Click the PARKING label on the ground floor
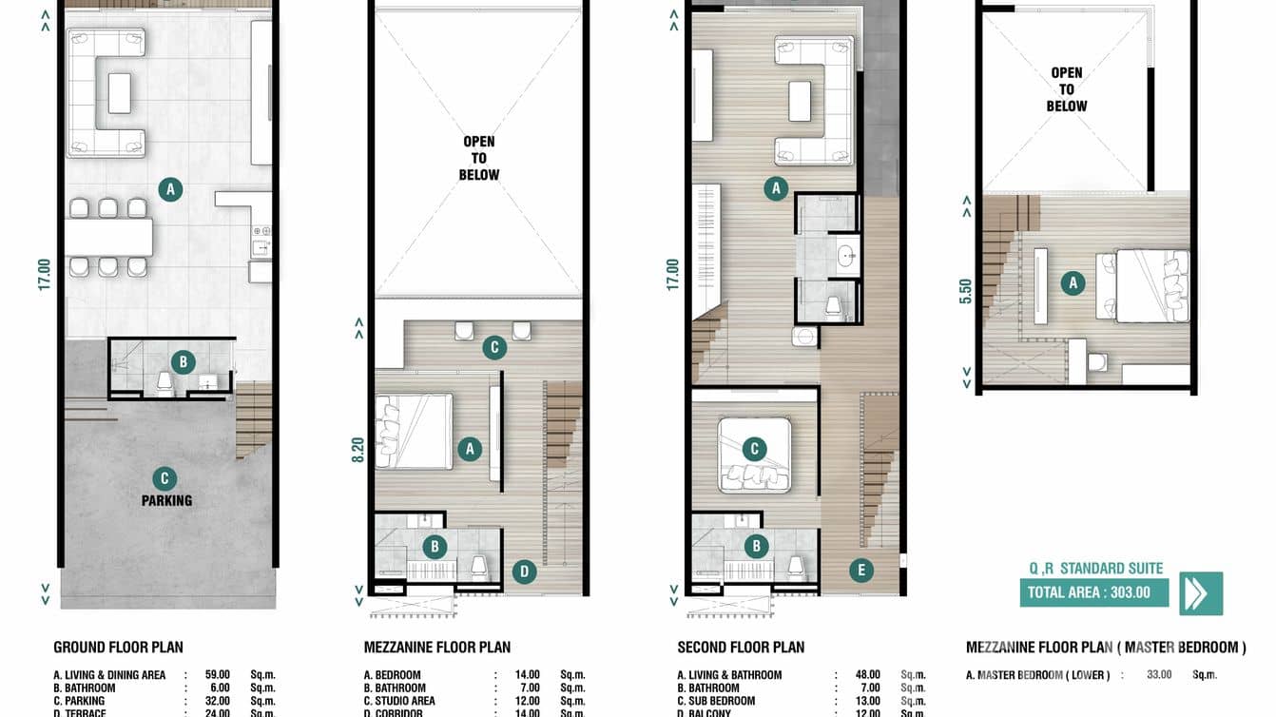(x=167, y=500)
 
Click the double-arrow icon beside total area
(x=1201, y=592)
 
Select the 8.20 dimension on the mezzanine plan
(x=358, y=449)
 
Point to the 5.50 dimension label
(x=966, y=289)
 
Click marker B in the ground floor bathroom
(x=183, y=361)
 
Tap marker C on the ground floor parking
(x=164, y=478)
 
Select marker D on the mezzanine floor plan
(x=523, y=572)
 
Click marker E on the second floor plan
(x=860, y=571)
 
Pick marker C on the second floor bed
(x=754, y=449)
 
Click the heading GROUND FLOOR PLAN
(x=118, y=648)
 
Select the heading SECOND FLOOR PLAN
(x=741, y=648)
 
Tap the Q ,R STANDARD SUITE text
(x=1095, y=569)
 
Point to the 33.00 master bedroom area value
(x=1156, y=675)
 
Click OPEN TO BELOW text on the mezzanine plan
(x=478, y=158)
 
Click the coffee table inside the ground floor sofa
(x=120, y=92)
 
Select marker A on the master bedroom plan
(x=1073, y=282)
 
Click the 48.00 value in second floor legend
(x=867, y=675)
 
